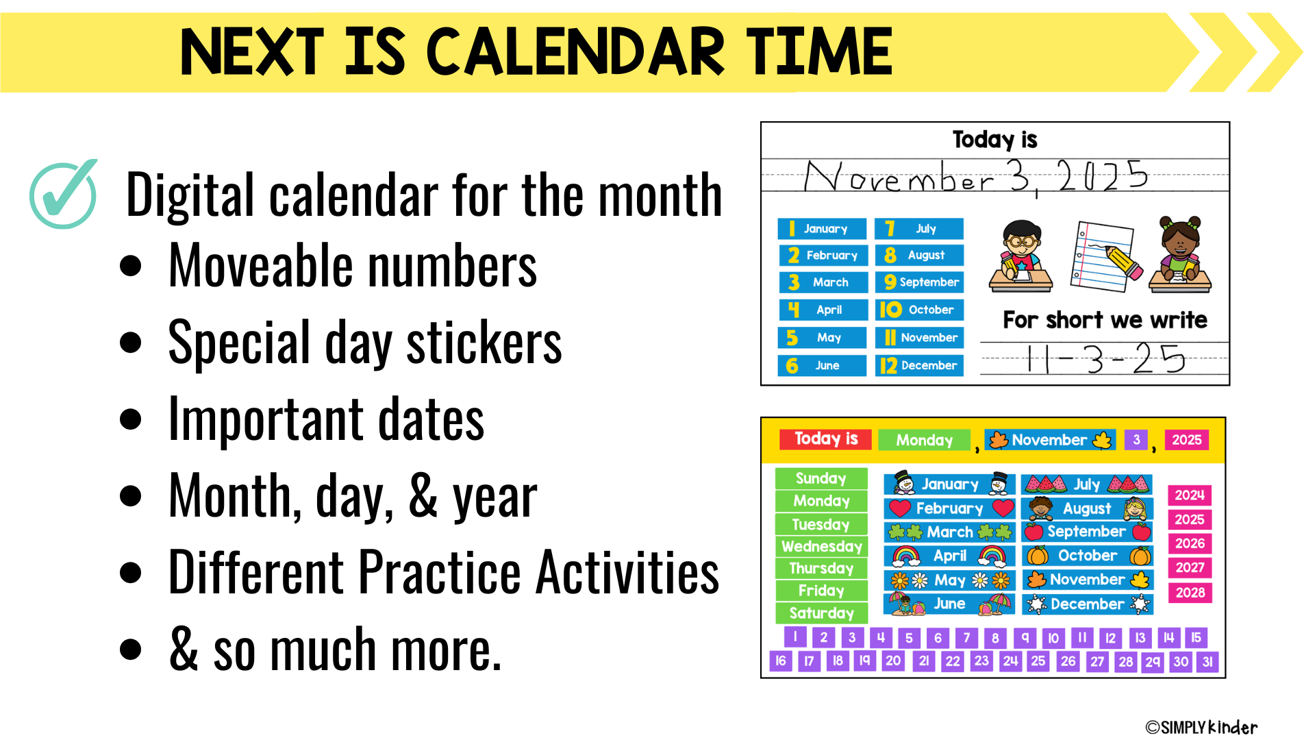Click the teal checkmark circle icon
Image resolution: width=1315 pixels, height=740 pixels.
[x=63, y=195]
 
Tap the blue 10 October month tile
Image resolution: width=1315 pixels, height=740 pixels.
[x=919, y=310]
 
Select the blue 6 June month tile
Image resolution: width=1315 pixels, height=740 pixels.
[x=822, y=365]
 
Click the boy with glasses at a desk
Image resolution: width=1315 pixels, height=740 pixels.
[x=1020, y=256]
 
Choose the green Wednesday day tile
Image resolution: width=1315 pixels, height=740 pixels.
[x=821, y=546]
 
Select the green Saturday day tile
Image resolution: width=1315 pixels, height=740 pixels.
[x=821, y=613]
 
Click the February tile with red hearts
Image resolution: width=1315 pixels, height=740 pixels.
[x=949, y=508]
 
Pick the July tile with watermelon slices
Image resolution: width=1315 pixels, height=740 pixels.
[x=1087, y=484]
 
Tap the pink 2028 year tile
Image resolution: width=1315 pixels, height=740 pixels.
[x=1190, y=592]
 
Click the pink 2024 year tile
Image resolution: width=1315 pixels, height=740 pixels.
[x=1190, y=495]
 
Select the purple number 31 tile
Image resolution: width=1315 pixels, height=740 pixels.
[x=1207, y=661]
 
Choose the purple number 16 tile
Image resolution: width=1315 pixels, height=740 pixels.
[x=781, y=661]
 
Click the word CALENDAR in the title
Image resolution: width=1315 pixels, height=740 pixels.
[x=575, y=51]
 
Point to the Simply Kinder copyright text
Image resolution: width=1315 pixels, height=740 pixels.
[x=1201, y=727]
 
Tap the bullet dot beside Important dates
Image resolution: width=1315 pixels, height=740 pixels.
[x=130, y=419]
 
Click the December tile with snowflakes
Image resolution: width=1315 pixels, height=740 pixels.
[x=1087, y=604]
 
